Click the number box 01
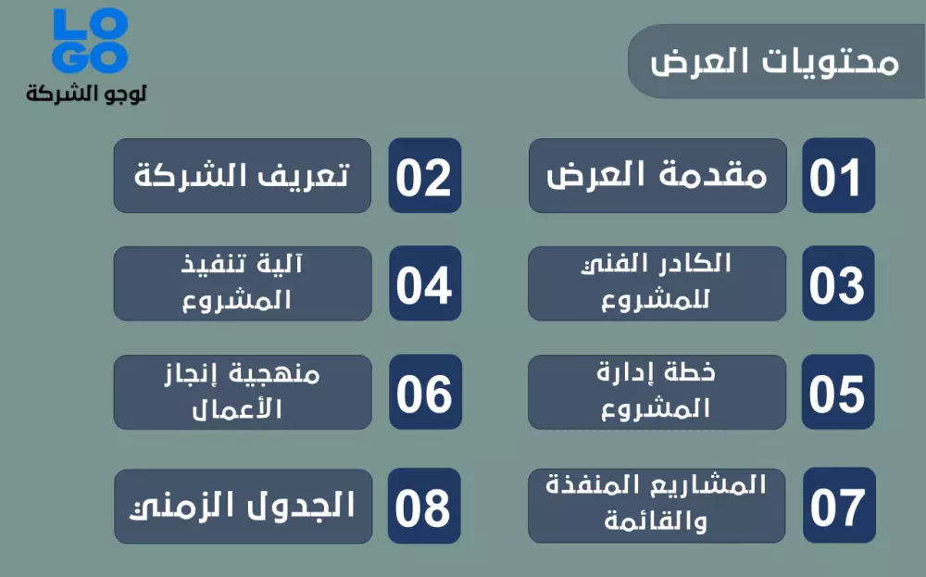(838, 176)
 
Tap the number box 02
(424, 176)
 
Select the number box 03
(838, 283)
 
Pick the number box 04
(424, 283)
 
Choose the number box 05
(838, 393)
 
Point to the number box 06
(424, 393)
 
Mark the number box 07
(838, 506)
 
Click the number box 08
(424, 506)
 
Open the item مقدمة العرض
(657, 176)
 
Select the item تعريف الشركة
(243, 176)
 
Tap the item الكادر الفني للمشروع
(657, 283)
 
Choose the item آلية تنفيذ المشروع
(243, 283)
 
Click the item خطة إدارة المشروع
(657, 393)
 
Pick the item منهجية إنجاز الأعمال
(243, 393)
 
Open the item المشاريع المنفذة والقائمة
(657, 506)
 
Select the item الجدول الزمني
(243, 506)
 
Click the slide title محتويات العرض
(774, 62)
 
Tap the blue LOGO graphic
(90, 41)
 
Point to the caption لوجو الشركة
(87, 94)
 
